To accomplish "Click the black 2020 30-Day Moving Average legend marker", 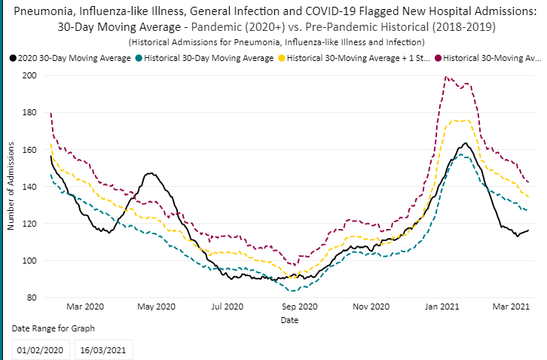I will pyautogui.click(x=14, y=58).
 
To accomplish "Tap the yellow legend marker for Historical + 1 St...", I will pyautogui.click(x=283, y=58).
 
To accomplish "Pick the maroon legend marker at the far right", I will pyautogui.click(x=439, y=58).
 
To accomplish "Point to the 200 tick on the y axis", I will pyautogui.click(x=29, y=76).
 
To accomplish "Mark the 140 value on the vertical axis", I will pyautogui.click(x=29, y=187).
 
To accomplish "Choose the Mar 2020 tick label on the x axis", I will pyautogui.click(x=84, y=307).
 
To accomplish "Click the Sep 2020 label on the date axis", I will pyautogui.click(x=299, y=307).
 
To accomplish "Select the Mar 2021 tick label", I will pyautogui.click(x=512, y=307).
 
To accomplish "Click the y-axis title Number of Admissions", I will pyautogui.click(x=11, y=187).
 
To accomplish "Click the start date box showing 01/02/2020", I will pyautogui.click(x=41, y=350).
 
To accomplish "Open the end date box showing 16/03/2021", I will pyautogui.click(x=106, y=350).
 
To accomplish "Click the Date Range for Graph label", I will pyautogui.click(x=53, y=329).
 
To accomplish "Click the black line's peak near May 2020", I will pyautogui.click(x=151, y=173).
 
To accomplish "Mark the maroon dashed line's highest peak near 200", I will pyautogui.click(x=446, y=77).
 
